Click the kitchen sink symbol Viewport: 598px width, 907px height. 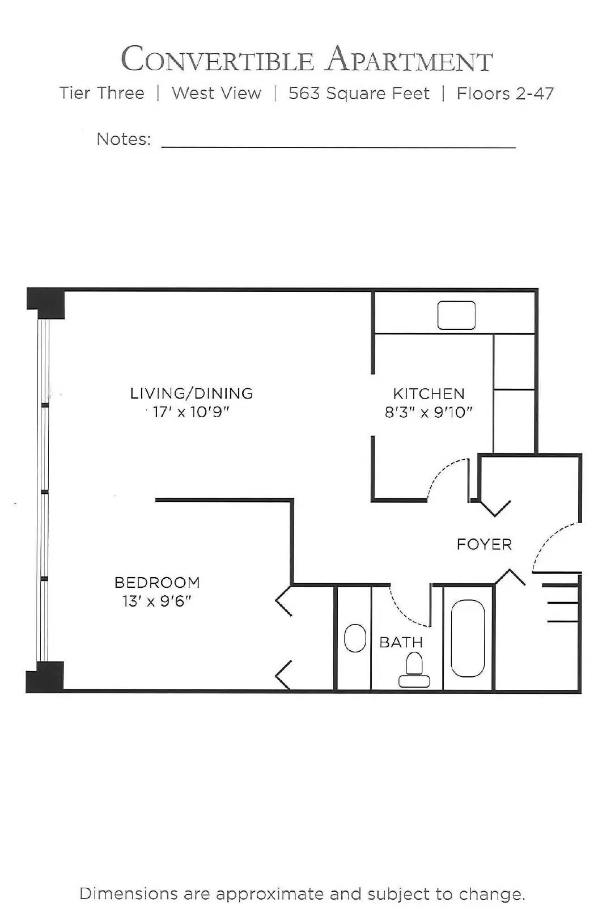click(456, 315)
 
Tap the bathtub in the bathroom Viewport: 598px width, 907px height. click(468, 638)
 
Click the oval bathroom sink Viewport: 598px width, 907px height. click(355, 638)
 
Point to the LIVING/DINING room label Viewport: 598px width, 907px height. click(191, 393)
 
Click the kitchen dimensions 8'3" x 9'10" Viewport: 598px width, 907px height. click(429, 412)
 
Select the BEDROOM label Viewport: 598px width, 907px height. click(157, 583)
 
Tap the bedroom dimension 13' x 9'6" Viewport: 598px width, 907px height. click(157, 601)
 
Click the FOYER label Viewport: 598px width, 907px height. click(484, 545)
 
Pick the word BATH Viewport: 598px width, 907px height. click(401, 642)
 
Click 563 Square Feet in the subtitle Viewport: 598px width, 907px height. click(359, 94)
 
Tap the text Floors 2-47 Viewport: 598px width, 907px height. click(505, 94)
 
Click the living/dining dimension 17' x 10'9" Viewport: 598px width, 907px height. click(191, 412)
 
